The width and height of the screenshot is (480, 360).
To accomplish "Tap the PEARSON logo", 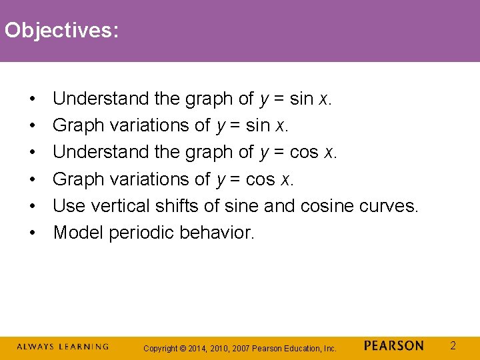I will click(x=393, y=346).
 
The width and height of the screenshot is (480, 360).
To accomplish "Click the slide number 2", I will click(x=453, y=345).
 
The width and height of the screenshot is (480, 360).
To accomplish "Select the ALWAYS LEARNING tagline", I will click(x=62, y=347).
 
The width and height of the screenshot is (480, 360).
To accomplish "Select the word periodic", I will click(x=143, y=233).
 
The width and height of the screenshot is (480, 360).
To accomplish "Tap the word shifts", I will click(x=177, y=206).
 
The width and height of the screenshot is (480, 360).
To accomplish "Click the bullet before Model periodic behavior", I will click(x=32, y=233).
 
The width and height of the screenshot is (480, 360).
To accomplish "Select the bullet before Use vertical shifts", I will click(x=32, y=207).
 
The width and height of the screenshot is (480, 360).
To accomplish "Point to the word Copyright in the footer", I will click(x=161, y=348).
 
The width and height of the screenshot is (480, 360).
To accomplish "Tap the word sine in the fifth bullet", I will click(x=241, y=206).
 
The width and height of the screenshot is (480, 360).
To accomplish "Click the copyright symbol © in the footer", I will click(x=184, y=348).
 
